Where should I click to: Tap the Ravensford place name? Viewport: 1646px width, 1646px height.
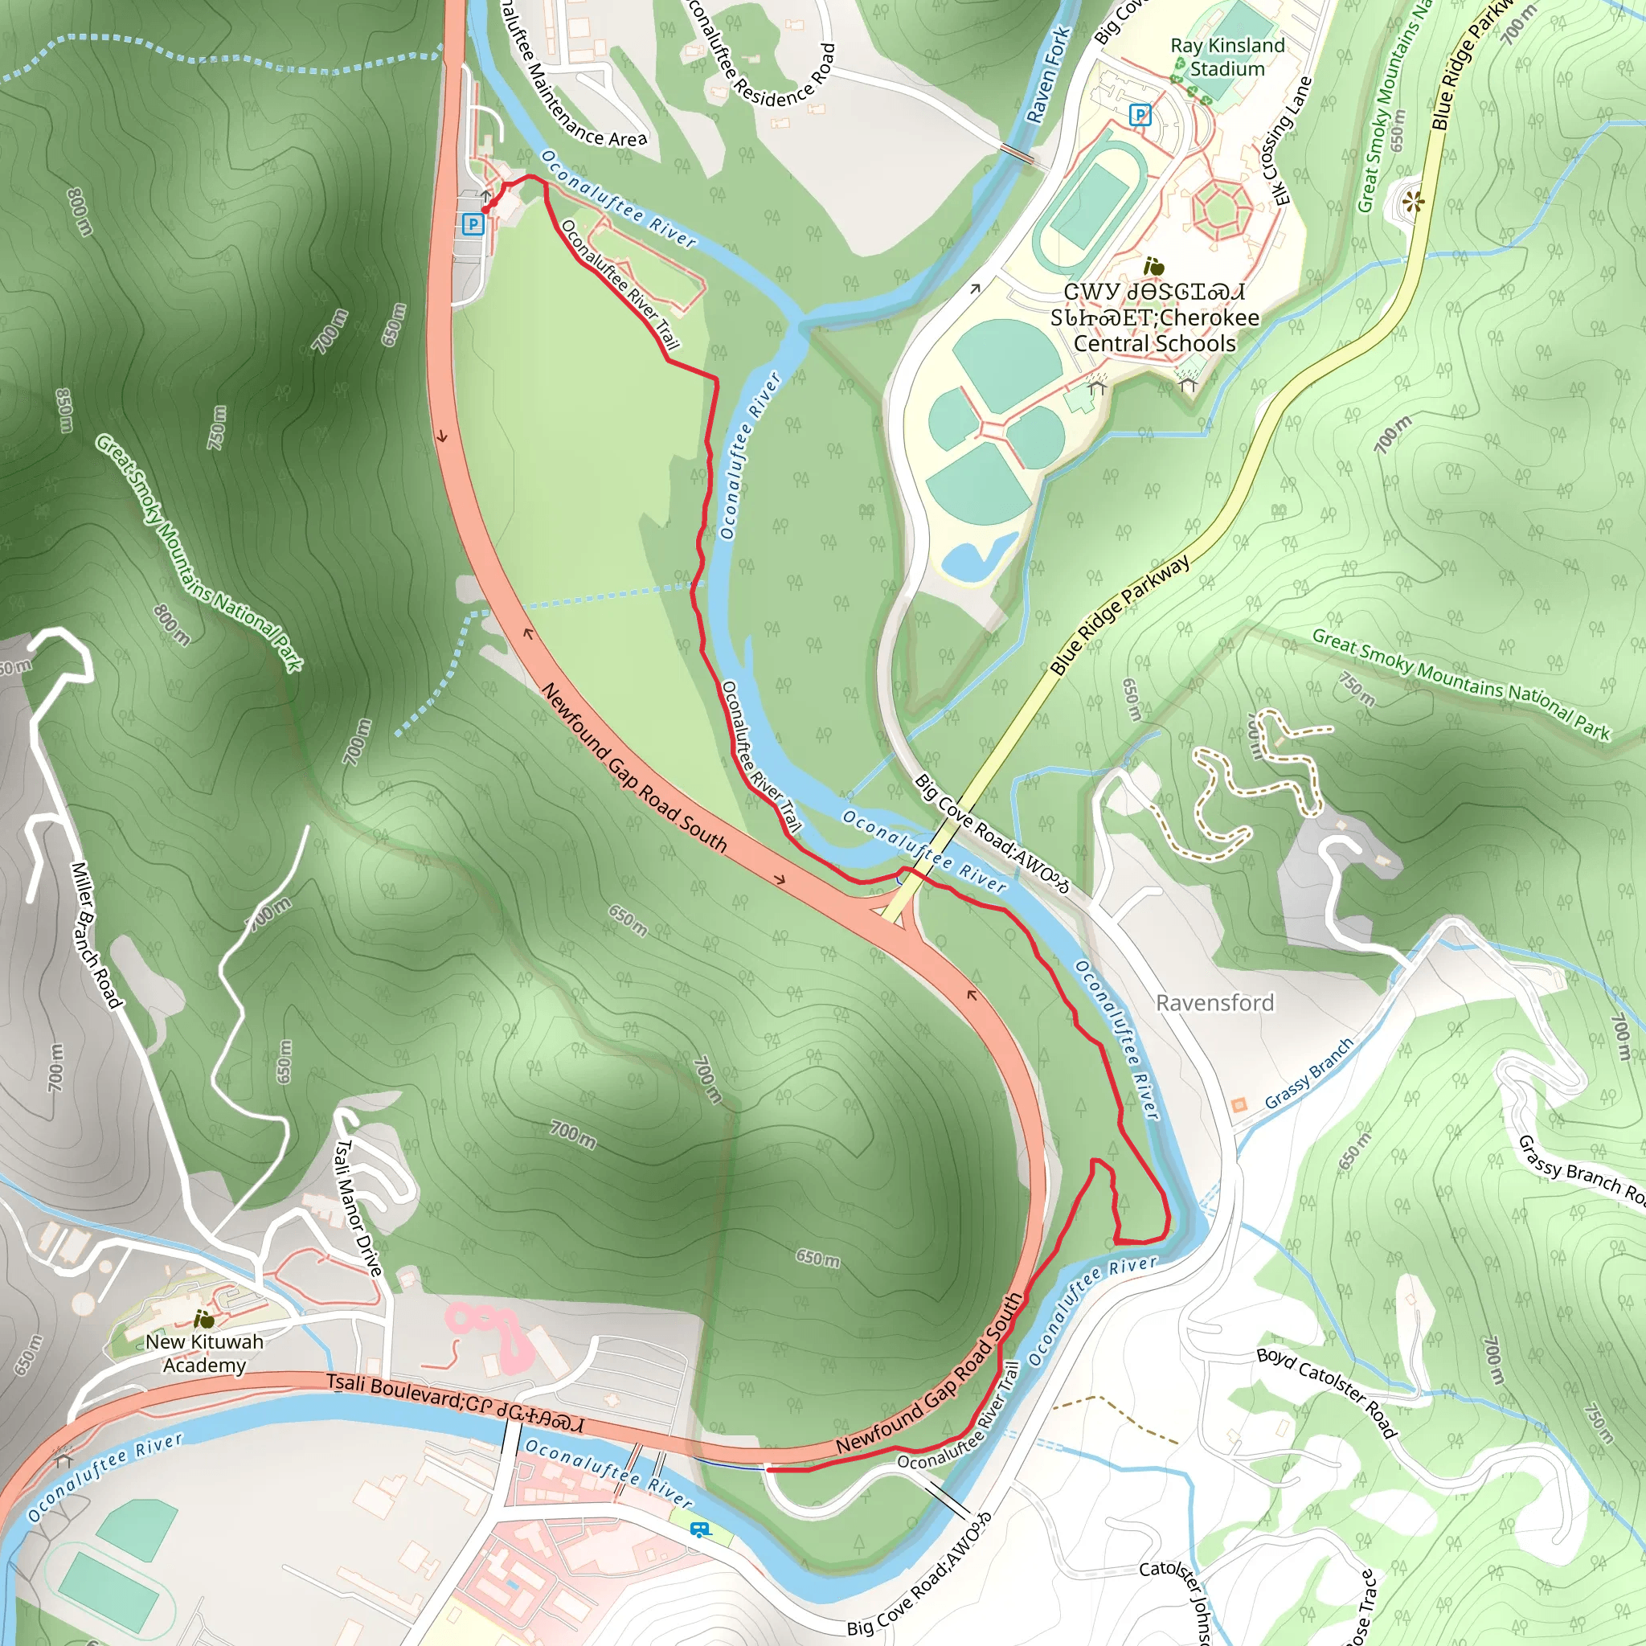coord(1214,1003)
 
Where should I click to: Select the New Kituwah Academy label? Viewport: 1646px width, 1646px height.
coord(203,1353)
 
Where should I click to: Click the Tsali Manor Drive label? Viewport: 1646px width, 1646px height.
coord(358,1208)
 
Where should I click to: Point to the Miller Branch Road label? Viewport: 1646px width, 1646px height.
coord(96,935)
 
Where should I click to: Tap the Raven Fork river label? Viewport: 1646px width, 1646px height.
coord(1048,75)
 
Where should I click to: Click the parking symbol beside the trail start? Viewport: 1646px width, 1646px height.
coord(472,224)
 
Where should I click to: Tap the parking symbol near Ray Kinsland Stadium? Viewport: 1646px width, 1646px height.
coord(1139,114)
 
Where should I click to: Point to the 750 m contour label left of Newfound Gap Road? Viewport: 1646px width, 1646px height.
coord(217,427)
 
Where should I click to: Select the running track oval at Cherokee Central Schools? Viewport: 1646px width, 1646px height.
coord(1083,207)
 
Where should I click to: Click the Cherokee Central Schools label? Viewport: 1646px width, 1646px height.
coord(1154,317)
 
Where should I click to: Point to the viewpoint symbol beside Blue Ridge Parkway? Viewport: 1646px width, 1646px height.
coord(1415,202)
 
